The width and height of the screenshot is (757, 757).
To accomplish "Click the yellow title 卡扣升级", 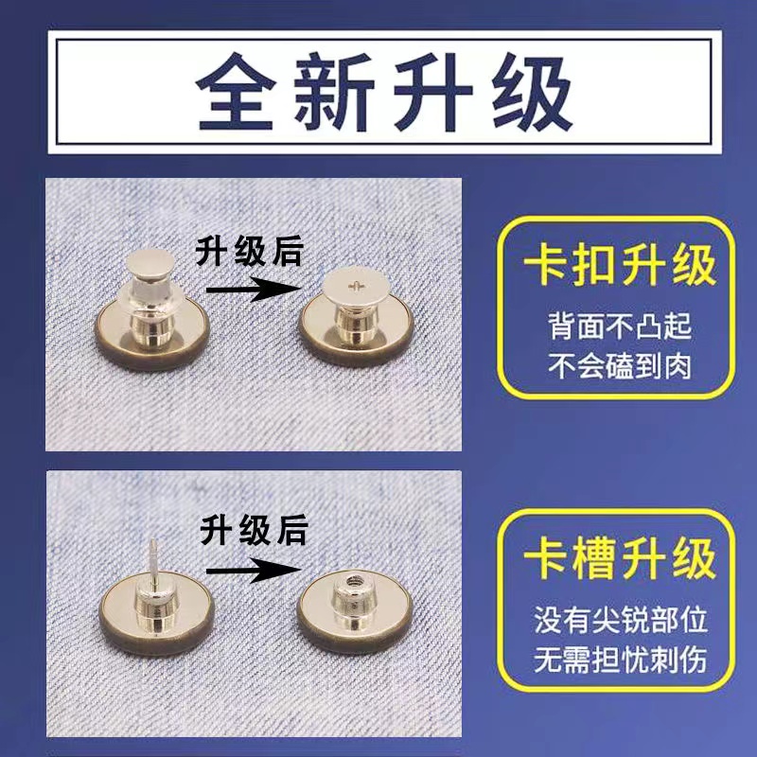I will coord(619,269).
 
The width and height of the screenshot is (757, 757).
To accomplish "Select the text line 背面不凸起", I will coord(620,326).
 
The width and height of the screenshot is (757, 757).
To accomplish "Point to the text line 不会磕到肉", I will coord(620,364).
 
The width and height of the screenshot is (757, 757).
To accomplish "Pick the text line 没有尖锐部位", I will coord(620,620).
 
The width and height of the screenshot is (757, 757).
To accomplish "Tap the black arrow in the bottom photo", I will coord(250,571).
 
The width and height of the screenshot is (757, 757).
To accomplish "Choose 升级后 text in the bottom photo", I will coord(254,531).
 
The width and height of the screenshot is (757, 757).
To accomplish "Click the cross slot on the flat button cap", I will coord(356,285).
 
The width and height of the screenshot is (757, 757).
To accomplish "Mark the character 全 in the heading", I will coord(236,95).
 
